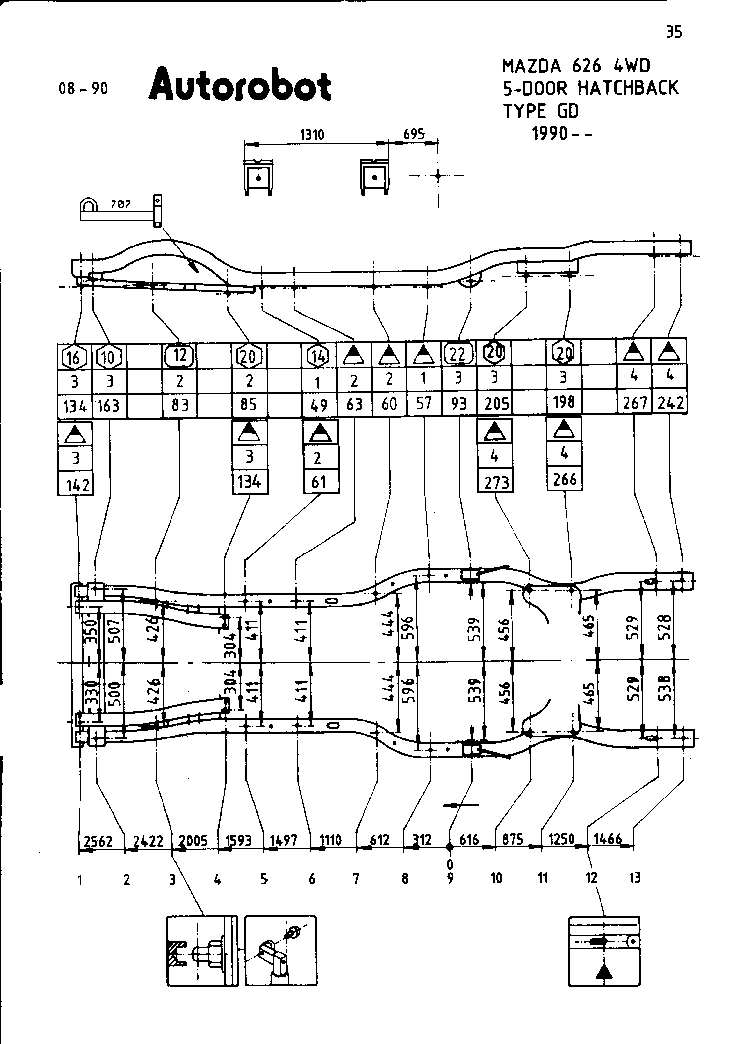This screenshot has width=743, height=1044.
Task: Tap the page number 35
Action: tap(674, 32)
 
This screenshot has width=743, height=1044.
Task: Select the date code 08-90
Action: tap(83, 89)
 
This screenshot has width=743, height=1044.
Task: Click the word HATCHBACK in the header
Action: tap(628, 88)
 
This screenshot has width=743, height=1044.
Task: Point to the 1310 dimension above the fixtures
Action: tap(312, 135)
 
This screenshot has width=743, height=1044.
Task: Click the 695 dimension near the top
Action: tap(414, 134)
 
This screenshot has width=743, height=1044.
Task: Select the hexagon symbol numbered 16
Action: tap(74, 357)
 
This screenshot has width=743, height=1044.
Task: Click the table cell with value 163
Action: tap(109, 405)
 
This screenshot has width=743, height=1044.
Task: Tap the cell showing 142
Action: tap(76, 485)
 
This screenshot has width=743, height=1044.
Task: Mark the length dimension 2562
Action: tap(98, 841)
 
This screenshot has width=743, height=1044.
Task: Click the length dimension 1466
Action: tap(607, 839)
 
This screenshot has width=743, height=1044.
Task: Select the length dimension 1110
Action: tap(330, 840)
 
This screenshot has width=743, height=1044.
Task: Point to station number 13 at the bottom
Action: tap(635, 878)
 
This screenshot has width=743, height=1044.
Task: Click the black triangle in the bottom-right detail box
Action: tap(603, 972)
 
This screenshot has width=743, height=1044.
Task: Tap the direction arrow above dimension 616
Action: tap(460, 805)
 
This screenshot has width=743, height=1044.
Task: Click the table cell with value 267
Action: tap(635, 403)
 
